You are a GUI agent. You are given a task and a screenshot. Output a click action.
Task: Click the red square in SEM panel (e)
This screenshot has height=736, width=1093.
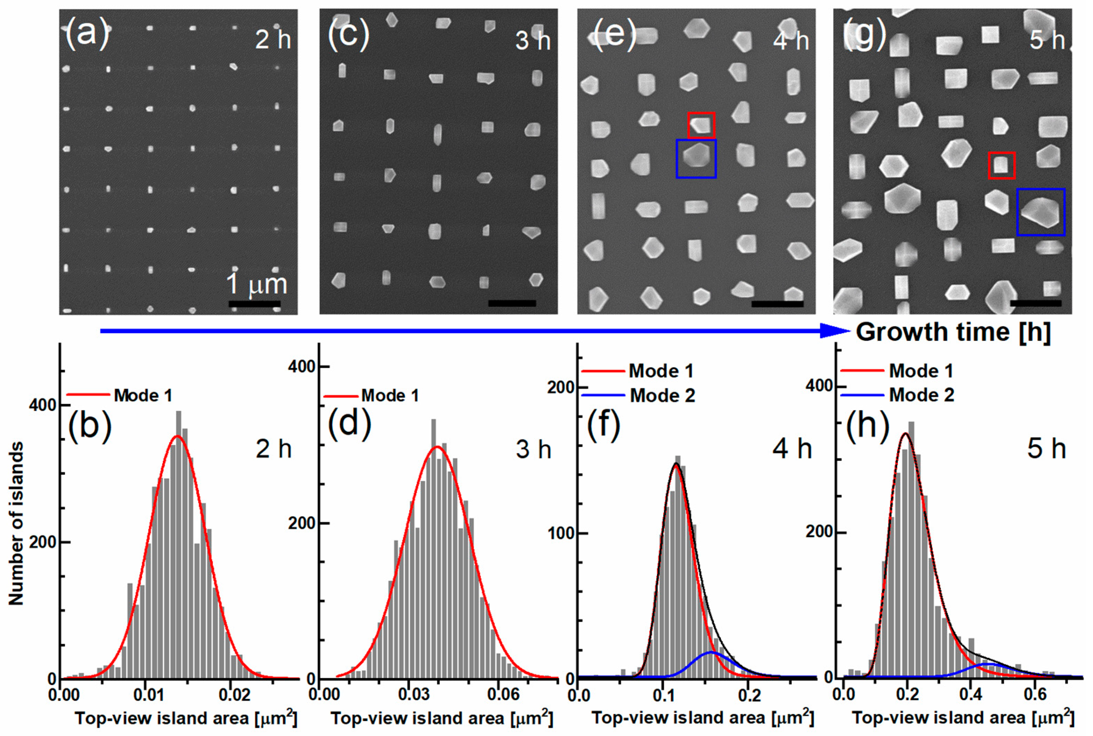pos(701,125)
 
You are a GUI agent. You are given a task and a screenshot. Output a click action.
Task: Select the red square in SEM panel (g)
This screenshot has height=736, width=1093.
pos(1001,165)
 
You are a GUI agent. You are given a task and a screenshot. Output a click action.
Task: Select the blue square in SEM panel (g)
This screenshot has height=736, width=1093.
pos(1040,212)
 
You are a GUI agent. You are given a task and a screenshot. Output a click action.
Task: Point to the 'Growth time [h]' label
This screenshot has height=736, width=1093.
pos(953,332)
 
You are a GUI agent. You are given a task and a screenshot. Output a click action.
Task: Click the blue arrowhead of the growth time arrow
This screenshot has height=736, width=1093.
pos(836,331)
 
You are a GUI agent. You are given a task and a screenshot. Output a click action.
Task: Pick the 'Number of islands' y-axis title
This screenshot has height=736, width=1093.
pos(16,523)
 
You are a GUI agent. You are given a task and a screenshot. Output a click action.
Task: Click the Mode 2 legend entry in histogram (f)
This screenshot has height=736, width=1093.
pos(662,395)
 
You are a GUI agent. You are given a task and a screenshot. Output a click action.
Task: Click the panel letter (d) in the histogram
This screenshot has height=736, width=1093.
pos(349,424)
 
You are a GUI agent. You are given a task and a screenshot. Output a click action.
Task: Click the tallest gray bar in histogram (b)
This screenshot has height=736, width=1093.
pos(178,545)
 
